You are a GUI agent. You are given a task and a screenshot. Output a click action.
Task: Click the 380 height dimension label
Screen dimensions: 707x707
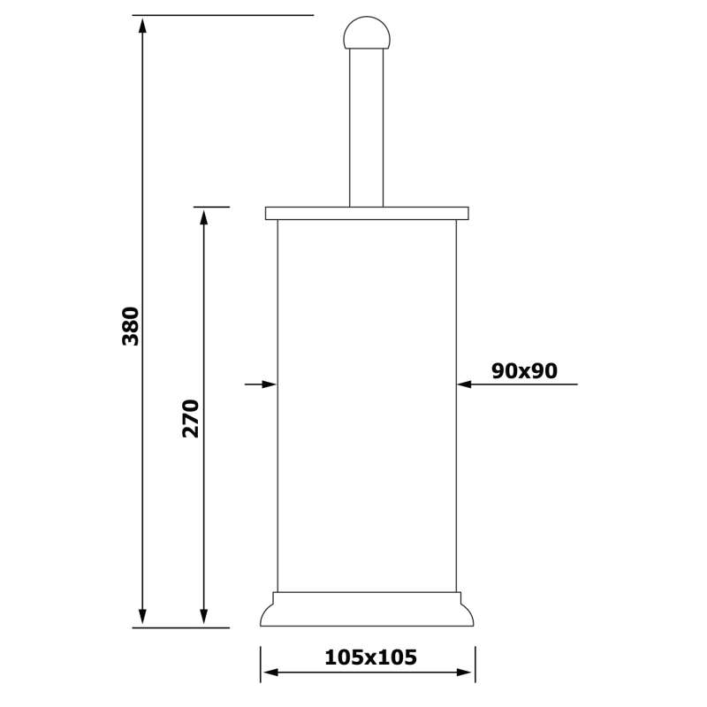tap(131, 326)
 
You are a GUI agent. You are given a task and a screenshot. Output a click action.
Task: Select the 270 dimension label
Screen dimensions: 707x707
tap(191, 418)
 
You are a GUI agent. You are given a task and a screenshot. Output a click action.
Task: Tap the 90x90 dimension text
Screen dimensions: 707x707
tap(524, 371)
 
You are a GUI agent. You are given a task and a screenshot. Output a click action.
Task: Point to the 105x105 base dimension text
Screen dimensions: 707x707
tap(370, 658)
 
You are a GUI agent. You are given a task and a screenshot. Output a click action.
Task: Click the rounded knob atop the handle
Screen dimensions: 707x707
tap(367, 33)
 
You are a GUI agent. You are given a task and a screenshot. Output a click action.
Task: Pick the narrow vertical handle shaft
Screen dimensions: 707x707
tap(366, 128)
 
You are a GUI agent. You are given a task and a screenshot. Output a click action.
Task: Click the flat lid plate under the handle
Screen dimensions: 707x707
tap(367, 213)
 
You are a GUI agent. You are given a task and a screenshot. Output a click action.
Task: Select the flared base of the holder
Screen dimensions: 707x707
tap(367, 609)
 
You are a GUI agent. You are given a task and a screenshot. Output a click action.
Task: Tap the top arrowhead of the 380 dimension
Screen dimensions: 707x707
tap(142, 26)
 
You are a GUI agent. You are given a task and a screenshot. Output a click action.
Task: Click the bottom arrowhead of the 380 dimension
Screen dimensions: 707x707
tap(142, 616)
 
